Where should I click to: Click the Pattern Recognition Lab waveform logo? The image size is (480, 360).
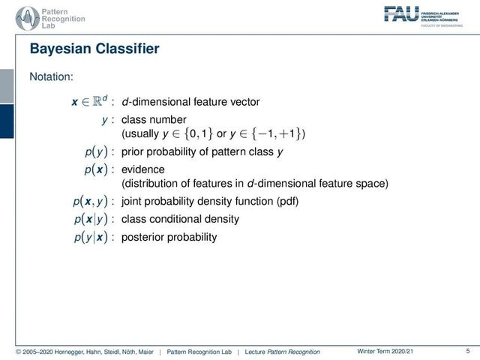[x=28, y=19]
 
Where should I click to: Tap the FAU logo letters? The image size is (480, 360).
[x=401, y=14]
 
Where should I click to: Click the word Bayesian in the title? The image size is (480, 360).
[x=61, y=49]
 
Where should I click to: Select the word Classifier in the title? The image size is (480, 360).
[x=127, y=49]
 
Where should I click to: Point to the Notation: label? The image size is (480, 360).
[x=52, y=76]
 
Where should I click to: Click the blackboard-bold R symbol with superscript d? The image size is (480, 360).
[x=100, y=100]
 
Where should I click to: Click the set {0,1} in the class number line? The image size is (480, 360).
[x=198, y=133]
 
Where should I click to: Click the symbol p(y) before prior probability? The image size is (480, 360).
[x=96, y=151]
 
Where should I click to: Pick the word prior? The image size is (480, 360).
[x=133, y=152]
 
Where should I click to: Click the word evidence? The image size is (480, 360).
[x=143, y=169]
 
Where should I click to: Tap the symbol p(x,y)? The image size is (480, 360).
[x=90, y=202]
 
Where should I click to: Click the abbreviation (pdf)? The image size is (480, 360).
[x=287, y=202]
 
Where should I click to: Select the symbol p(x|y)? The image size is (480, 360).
[x=91, y=219]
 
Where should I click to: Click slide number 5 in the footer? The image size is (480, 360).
[x=468, y=351]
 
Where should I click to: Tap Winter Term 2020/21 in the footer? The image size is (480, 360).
[x=385, y=351]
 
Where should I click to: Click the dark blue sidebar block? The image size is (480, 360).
[x=7, y=121]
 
